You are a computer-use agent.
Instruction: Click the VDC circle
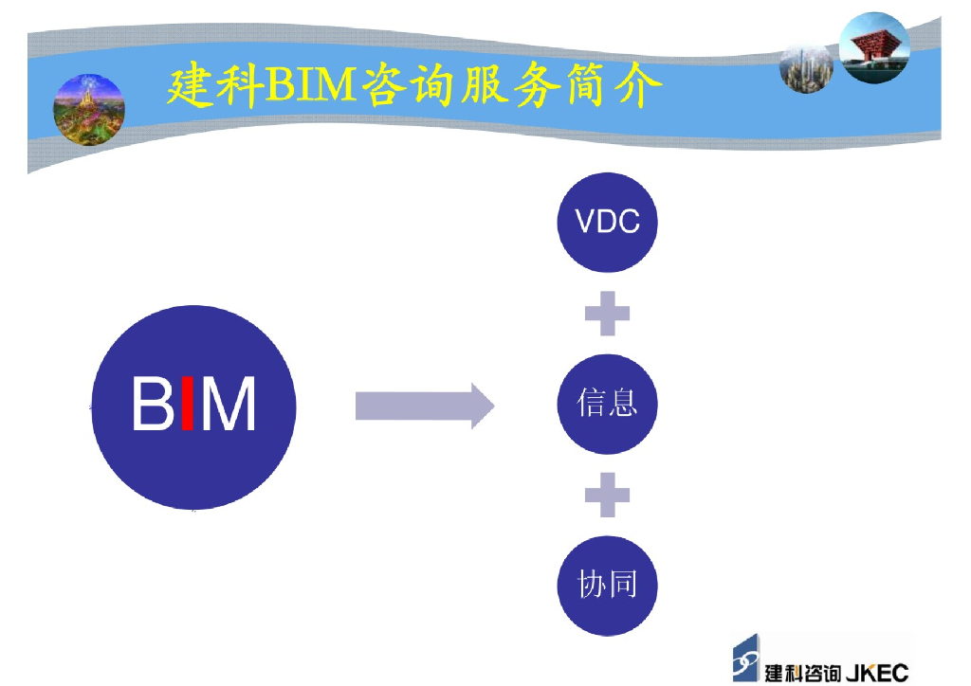coord(607,222)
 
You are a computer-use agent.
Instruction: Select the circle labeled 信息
coord(607,404)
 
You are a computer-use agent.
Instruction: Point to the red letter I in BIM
coord(188,405)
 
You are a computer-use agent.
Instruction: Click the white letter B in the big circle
coord(152,405)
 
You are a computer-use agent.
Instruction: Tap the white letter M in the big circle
coord(229,405)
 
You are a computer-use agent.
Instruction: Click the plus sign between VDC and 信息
coord(607,314)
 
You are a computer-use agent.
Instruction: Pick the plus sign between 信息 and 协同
coord(607,495)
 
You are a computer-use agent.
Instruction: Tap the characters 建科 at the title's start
coord(214,87)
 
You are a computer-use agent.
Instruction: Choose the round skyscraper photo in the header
coord(806,67)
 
